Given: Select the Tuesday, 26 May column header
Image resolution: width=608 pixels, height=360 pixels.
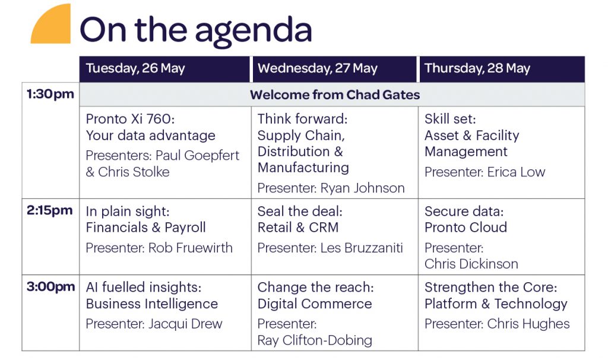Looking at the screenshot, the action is [135, 68].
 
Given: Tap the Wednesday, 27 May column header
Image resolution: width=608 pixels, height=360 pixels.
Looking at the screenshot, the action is [318, 68].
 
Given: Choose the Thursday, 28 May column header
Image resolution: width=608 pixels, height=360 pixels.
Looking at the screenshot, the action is [477, 68].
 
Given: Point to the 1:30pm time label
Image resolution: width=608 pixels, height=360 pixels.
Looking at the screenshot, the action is [50, 94].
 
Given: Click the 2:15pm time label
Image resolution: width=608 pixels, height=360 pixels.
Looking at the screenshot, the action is [50, 210].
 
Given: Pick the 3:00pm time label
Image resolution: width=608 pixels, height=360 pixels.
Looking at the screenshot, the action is [51, 287].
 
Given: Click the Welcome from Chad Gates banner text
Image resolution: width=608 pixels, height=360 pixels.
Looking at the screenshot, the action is [335, 94].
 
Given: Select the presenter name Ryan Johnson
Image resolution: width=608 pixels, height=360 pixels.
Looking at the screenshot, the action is [363, 188].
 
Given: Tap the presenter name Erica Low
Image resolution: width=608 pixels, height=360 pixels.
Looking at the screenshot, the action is [516, 172].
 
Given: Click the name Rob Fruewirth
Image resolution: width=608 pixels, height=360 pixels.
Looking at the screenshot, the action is [191, 248].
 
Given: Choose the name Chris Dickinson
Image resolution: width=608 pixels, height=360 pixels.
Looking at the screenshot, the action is [471, 264].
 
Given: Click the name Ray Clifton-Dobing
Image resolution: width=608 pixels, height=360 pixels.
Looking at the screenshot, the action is [315, 340].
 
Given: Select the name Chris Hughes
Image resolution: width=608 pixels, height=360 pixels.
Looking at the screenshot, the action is [528, 324].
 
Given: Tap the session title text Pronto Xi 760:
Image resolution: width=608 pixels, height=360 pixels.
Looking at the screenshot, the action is [130, 119].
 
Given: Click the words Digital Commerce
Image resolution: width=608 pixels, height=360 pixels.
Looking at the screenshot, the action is [315, 304].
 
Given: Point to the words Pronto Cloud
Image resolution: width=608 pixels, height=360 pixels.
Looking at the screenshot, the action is [465, 227].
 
